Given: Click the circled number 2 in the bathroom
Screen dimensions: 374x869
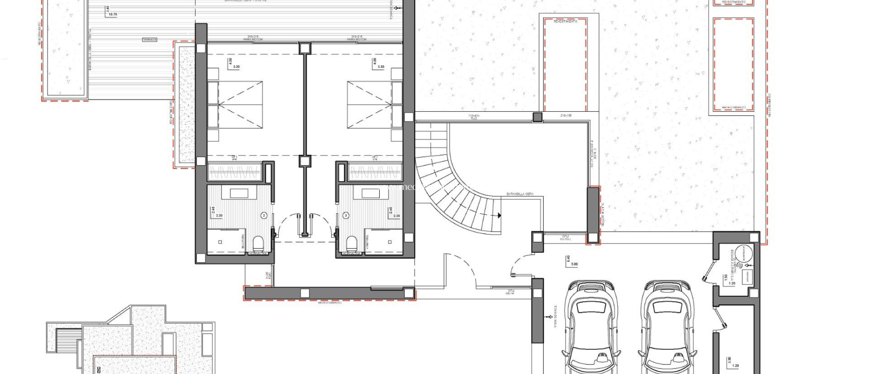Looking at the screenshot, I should coord(264,216).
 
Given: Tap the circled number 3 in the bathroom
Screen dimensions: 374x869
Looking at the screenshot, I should coord(346,216).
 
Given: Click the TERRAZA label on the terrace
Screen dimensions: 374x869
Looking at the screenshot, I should coord(149,40).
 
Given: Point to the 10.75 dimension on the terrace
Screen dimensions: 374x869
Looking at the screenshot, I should coord(113,14).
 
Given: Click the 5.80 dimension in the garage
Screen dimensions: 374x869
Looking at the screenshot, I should coord(574,264).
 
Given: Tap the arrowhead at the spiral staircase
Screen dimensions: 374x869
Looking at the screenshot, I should coord(499,215).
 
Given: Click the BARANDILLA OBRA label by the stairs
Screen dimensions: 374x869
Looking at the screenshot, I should coord(520,194).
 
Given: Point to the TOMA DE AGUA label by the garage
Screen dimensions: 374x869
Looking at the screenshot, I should coord(555,316).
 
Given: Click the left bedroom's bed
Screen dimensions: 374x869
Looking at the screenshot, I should coord(240,105).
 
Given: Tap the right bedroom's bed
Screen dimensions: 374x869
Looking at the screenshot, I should coord(369,105).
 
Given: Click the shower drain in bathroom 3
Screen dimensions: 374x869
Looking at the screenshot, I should coord(390,242).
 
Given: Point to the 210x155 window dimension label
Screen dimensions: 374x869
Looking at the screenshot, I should coord(566,116).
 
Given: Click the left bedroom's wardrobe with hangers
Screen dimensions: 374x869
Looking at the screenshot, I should coord(234,173).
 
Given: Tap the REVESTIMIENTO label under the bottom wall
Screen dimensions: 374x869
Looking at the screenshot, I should coord(330,303).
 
